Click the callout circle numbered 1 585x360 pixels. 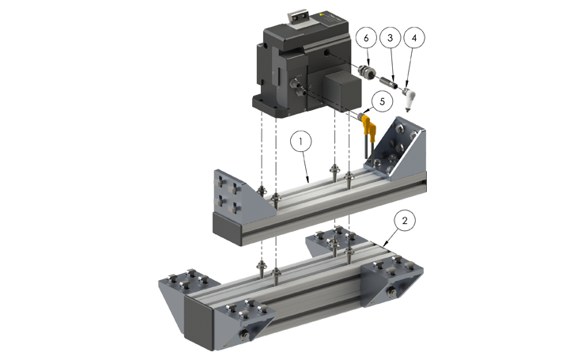pyautogui.click(x=301, y=142)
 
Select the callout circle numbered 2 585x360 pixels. pyautogui.click(x=403, y=221)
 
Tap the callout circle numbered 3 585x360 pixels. pyautogui.click(x=388, y=37)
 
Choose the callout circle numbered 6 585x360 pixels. pyautogui.click(x=364, y=37)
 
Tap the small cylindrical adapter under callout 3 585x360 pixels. pyautogui.click(x=387, y=79)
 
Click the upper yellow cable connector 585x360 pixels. pyautogui.click(x=368, y=120)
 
